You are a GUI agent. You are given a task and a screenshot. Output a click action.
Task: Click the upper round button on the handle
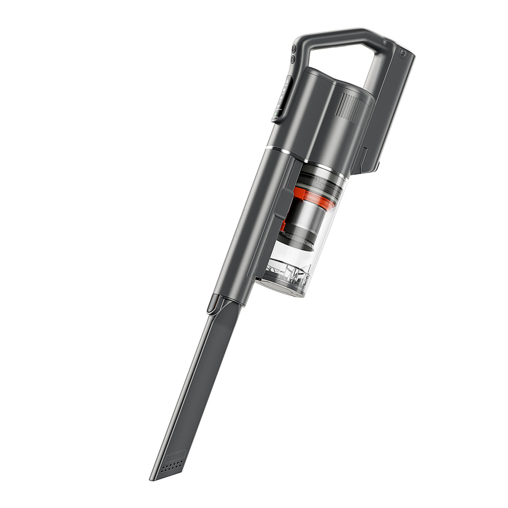click(294, 49)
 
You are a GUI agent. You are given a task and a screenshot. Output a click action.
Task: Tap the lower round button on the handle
click(293, 59)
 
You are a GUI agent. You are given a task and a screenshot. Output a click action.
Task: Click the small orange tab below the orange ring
click(283, 226)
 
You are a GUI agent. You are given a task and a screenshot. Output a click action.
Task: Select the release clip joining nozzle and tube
click(214, 304)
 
